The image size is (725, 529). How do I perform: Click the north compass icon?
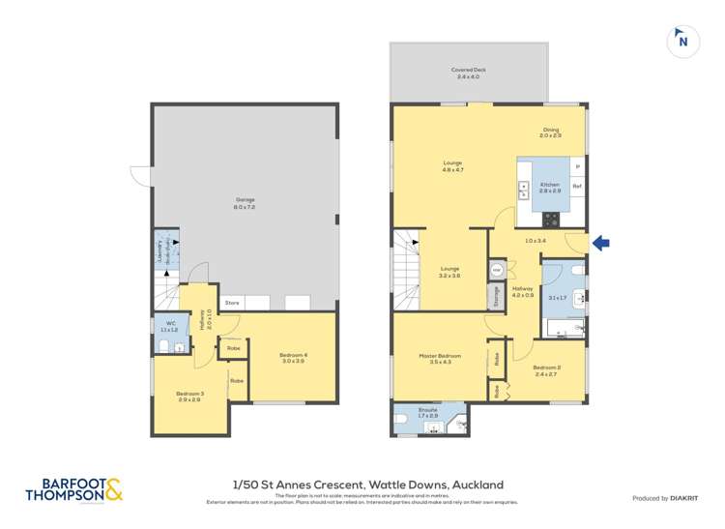click(x=682, y=41)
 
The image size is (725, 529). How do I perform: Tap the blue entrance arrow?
click(x=601, y=244)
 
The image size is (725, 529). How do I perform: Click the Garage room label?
click(x=244, y=202)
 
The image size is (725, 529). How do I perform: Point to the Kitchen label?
click(x=549, y=186)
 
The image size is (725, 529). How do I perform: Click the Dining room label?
click(x=551, y=132)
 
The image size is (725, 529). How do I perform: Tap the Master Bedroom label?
click(x=440, y=358)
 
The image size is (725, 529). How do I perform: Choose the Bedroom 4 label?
click(x=293, y=356)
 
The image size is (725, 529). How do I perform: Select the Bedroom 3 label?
click(x=188, y=396)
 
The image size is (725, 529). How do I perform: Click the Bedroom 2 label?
click(x=546, y=369)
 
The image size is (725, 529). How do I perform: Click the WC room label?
click(x=169, y=326)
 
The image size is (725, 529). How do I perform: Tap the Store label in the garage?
click(x=232, y=304)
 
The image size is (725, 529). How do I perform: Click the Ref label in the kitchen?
click(x=576, y=186)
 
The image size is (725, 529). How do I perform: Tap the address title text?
click(x=362, y=483)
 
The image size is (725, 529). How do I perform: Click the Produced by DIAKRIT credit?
click(x=665, y=498)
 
